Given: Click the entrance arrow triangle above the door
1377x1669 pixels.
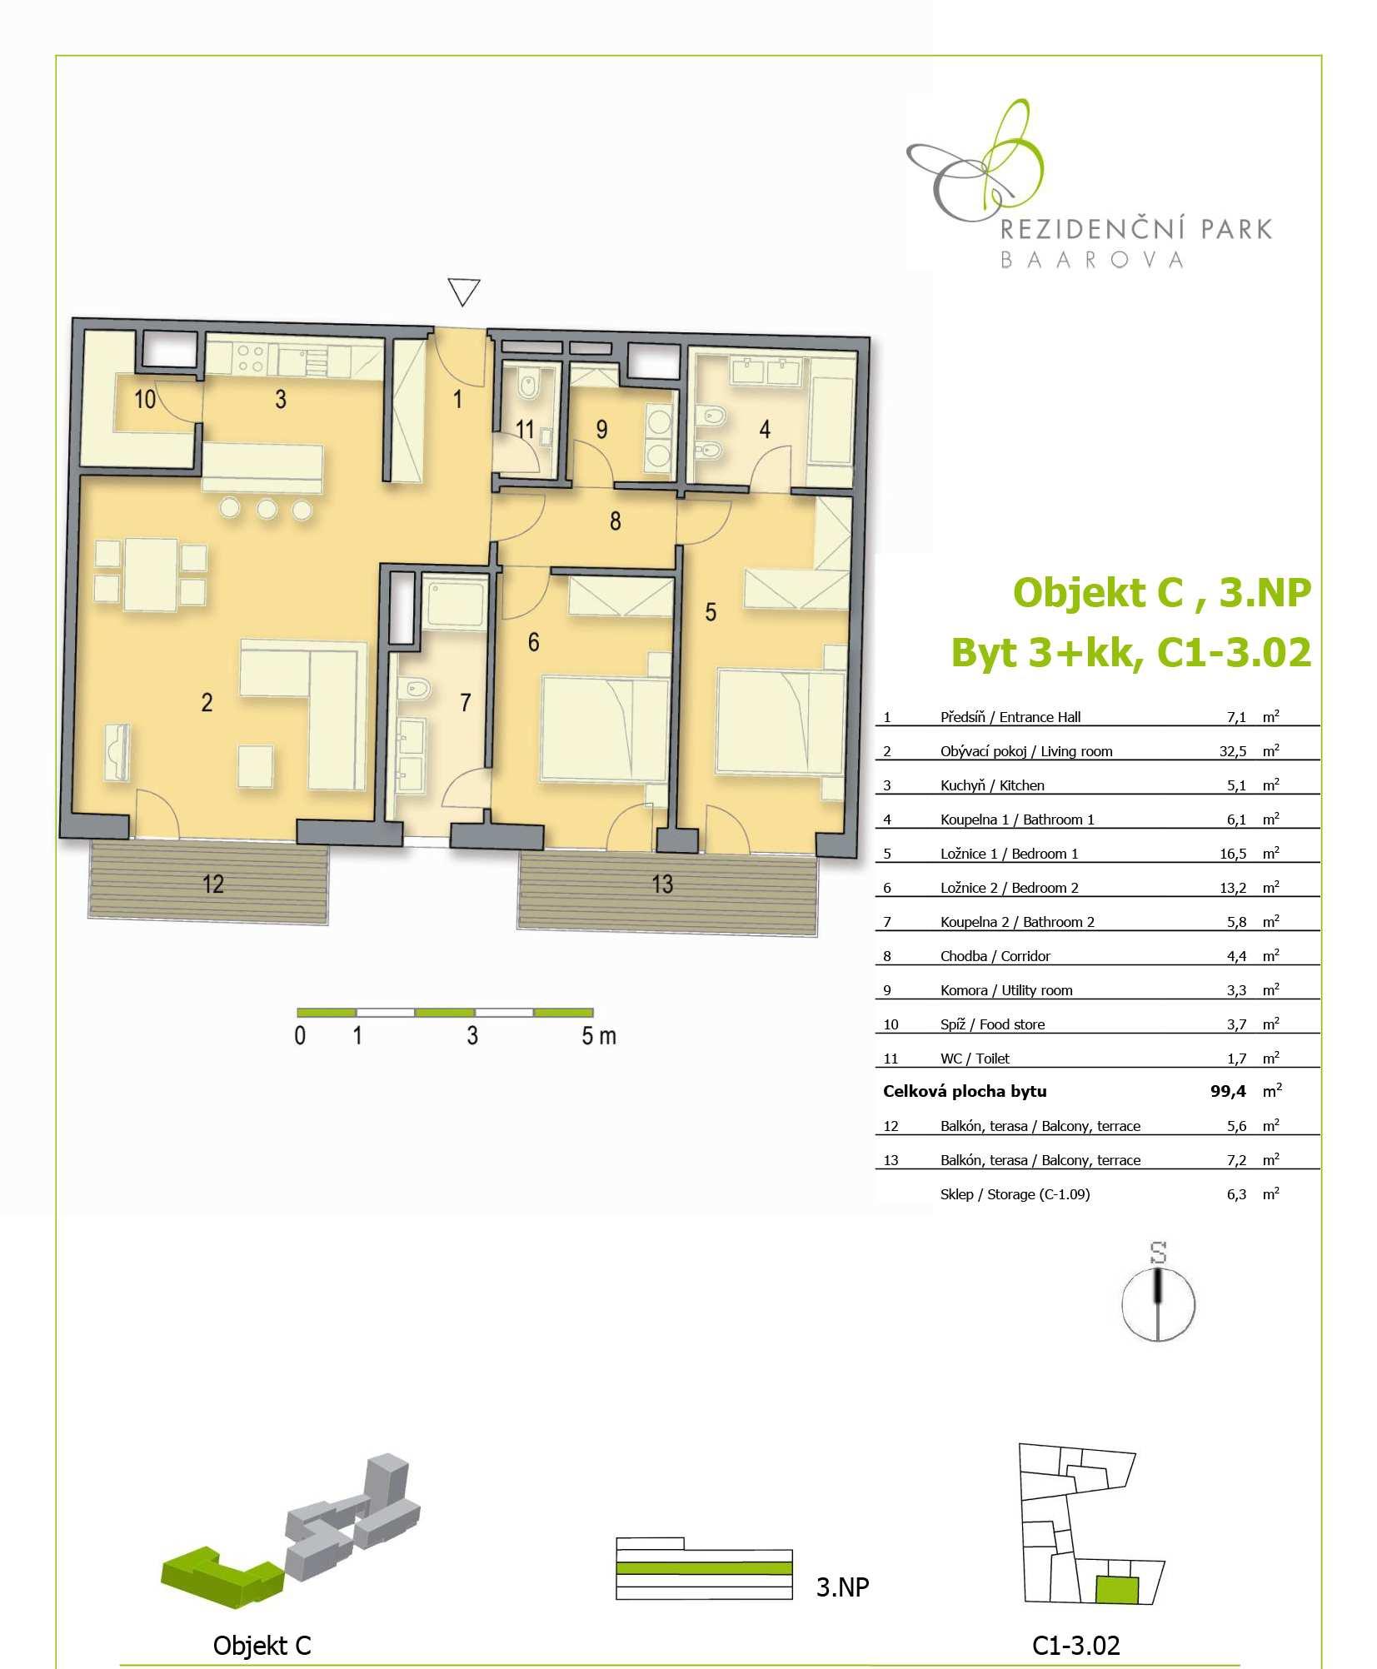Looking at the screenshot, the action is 464,291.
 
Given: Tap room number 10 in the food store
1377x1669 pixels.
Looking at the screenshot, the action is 145,399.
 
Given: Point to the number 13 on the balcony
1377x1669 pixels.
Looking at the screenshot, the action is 662,884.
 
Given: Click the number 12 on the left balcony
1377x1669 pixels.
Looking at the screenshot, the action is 213,884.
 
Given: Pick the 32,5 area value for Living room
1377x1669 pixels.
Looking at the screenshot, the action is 1233,751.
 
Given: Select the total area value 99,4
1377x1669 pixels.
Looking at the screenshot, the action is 1229,1091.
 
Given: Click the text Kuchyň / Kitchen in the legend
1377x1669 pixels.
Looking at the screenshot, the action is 992,785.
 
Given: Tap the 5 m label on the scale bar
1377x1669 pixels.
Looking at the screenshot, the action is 599,1036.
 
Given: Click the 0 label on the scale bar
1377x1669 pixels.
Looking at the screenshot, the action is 300,1036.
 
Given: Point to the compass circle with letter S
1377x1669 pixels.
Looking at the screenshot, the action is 1158,1304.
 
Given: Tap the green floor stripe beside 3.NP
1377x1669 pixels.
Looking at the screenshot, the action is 704,1568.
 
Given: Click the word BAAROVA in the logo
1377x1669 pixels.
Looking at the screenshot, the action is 1091,260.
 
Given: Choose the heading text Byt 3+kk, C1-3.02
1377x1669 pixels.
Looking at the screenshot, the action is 1131,652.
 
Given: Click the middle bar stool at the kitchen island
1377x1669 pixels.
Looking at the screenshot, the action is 267,508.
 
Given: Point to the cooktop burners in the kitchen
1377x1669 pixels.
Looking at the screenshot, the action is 250,358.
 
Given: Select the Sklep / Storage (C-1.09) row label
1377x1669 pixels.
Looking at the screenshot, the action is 1015,1194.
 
